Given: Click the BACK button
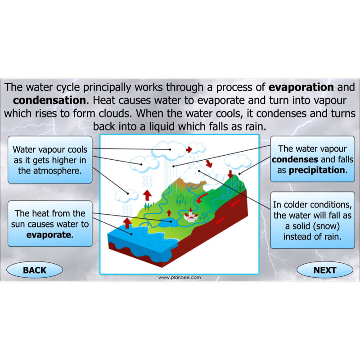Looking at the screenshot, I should (x=35, y=270).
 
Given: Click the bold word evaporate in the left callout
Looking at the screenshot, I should (x=49, y=234).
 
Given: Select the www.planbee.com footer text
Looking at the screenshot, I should (x=180, y=278).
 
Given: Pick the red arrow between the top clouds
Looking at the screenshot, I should (x=189, y=148).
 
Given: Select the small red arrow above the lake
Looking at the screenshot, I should (x=169, y=212).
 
